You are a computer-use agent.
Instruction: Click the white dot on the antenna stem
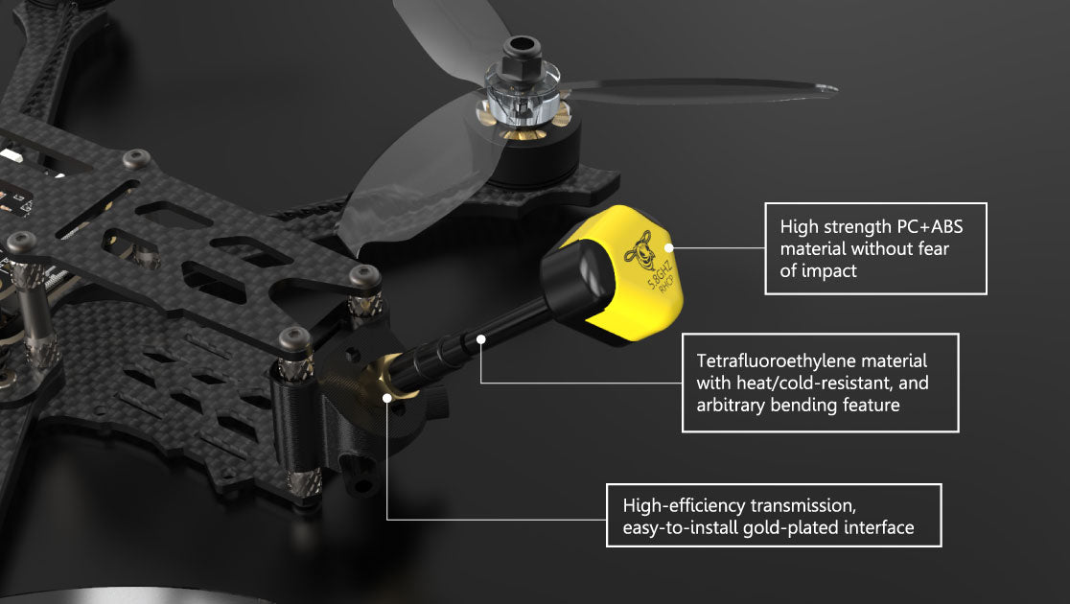[480, 338]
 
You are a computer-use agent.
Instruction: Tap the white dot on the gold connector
[387, 396]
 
